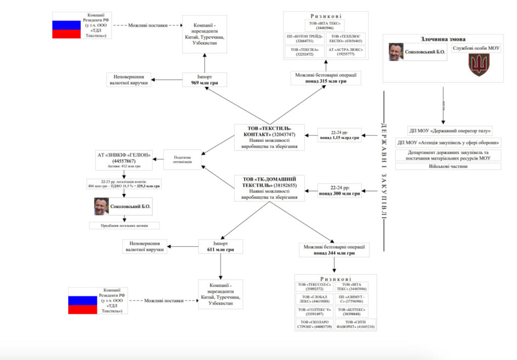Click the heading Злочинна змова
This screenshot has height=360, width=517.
tap(443, 39)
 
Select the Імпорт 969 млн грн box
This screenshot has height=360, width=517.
tap(204, 80)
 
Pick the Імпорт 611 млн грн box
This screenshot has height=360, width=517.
tap(220, 246)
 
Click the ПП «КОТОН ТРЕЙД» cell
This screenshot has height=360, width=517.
tap(302, 38)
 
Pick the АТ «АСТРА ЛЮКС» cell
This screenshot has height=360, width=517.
tap(346, 51)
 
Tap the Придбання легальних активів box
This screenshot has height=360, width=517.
tap(124, 226)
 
